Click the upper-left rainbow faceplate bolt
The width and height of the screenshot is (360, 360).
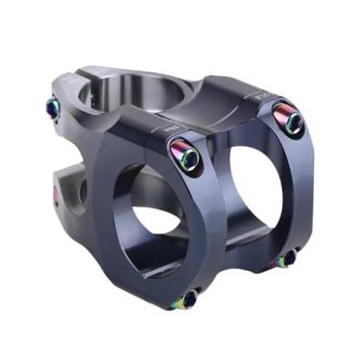click(185, 154)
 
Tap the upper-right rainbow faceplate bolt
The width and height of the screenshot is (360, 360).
click(289, 119)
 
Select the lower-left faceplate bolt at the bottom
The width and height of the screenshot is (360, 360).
click(184, 300)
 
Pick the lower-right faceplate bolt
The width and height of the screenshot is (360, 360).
click(287, 257)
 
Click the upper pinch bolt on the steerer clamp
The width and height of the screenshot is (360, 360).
click(52, 108)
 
